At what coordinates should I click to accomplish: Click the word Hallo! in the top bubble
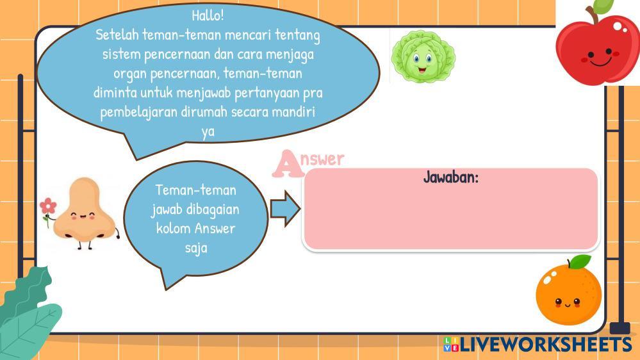208,15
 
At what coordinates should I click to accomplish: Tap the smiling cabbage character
423,56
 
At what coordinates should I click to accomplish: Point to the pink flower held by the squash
48,206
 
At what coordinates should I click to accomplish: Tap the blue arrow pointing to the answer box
285,209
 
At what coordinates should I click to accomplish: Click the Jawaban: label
450,177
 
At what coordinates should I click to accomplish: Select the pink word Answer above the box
309,163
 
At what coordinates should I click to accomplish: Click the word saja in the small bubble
196,248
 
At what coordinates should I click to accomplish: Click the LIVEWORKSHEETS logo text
546,345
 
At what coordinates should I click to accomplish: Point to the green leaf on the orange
580,261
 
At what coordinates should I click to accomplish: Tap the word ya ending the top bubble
208,132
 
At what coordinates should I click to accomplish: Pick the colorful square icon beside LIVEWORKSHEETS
451,344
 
